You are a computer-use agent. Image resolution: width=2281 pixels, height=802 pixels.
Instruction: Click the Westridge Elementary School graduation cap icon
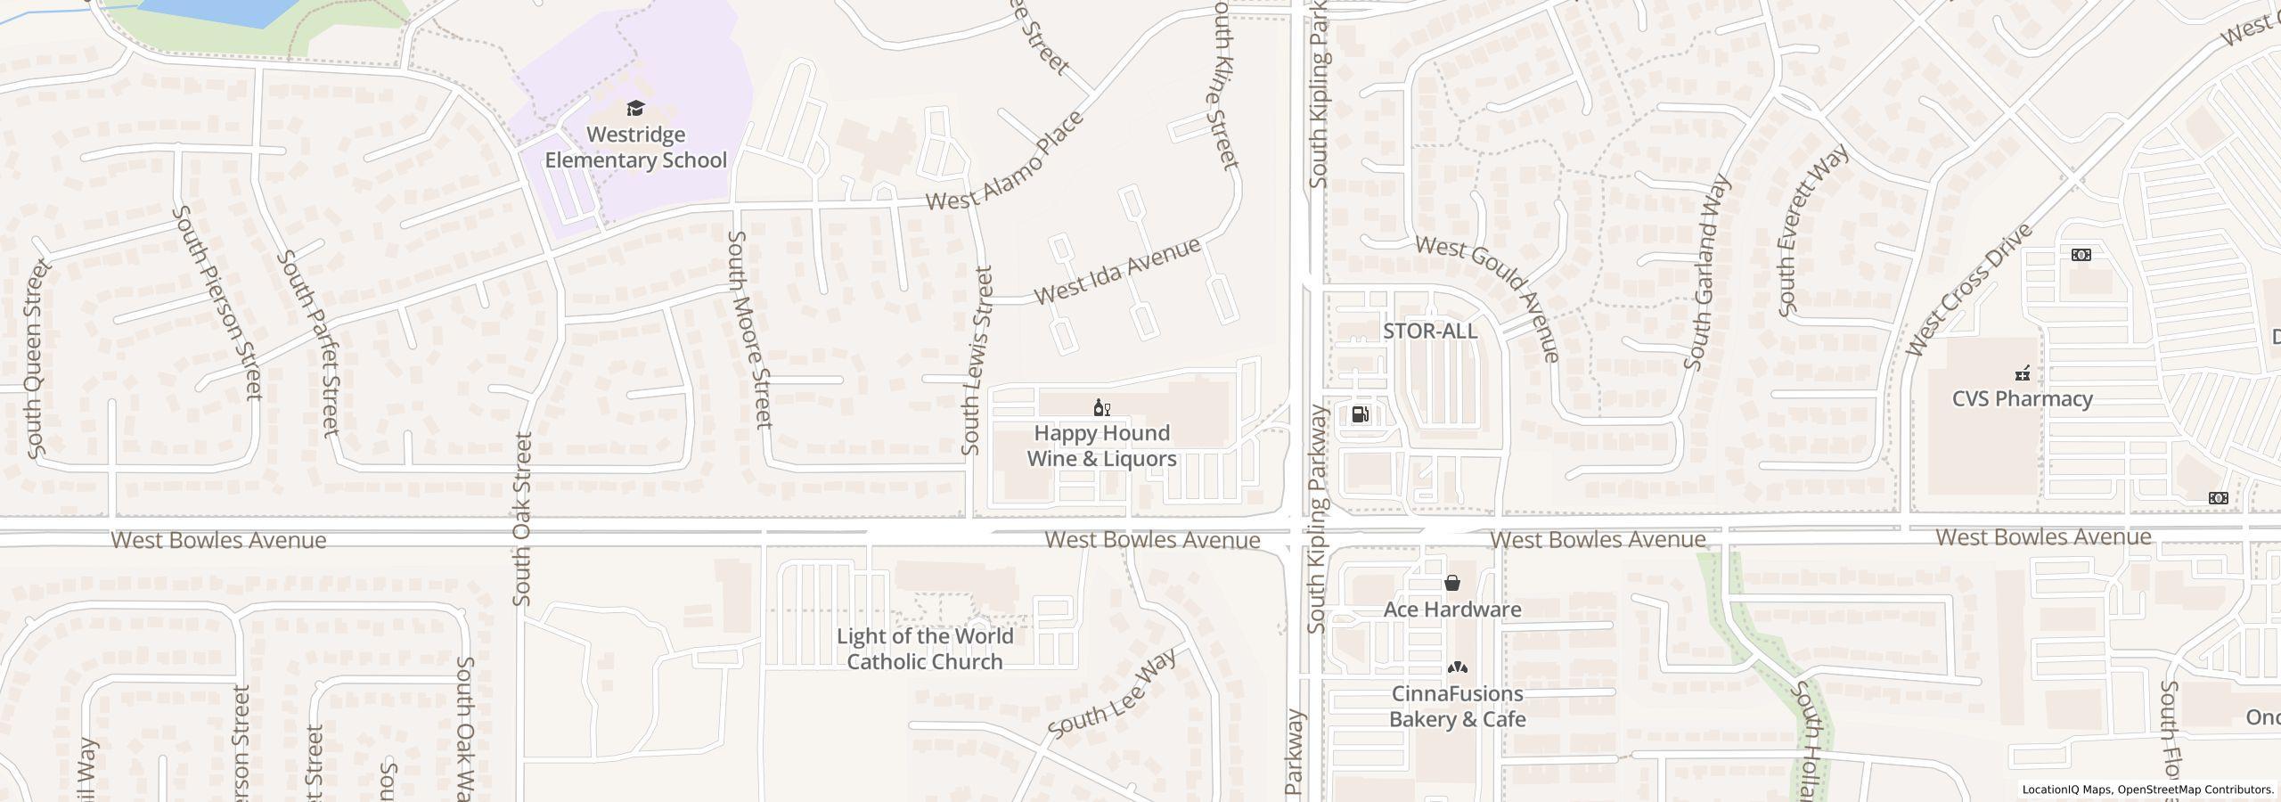(635, 109)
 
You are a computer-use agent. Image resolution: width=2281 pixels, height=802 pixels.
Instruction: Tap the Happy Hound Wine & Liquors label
(1101, 446)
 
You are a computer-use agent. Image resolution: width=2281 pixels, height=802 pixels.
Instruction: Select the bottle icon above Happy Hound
(1102, 408)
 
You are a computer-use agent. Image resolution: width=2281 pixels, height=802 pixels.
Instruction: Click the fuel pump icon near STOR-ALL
(1361, 413)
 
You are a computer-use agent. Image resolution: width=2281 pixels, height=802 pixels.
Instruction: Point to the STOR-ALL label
(1429, 331)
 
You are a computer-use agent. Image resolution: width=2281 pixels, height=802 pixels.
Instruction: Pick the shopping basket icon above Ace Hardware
(1452, 584)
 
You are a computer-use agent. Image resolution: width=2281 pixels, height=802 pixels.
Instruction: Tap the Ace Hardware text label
(1452, 610)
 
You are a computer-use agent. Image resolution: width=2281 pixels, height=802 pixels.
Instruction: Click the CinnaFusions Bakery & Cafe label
(1458, 706)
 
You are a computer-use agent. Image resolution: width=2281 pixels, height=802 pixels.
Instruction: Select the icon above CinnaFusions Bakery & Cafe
(1457, 667)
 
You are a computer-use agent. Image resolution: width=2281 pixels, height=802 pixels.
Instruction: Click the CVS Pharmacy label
(2022, 398)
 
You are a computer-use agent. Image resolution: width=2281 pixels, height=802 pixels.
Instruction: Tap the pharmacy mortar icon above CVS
(2023, 372)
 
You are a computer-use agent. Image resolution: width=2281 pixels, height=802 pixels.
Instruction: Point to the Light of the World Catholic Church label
(924, 649)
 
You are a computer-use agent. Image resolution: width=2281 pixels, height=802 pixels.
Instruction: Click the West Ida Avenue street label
(1117, 270)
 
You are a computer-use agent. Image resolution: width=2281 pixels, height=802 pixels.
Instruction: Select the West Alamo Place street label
(1005, 162)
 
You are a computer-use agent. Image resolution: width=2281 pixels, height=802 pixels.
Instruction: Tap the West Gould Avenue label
(1489, 297)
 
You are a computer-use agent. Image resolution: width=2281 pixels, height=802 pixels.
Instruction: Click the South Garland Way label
(1708, 273)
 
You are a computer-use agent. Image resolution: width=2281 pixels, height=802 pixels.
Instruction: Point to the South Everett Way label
(1812, 230)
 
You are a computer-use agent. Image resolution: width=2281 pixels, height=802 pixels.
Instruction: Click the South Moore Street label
(750, 330)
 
